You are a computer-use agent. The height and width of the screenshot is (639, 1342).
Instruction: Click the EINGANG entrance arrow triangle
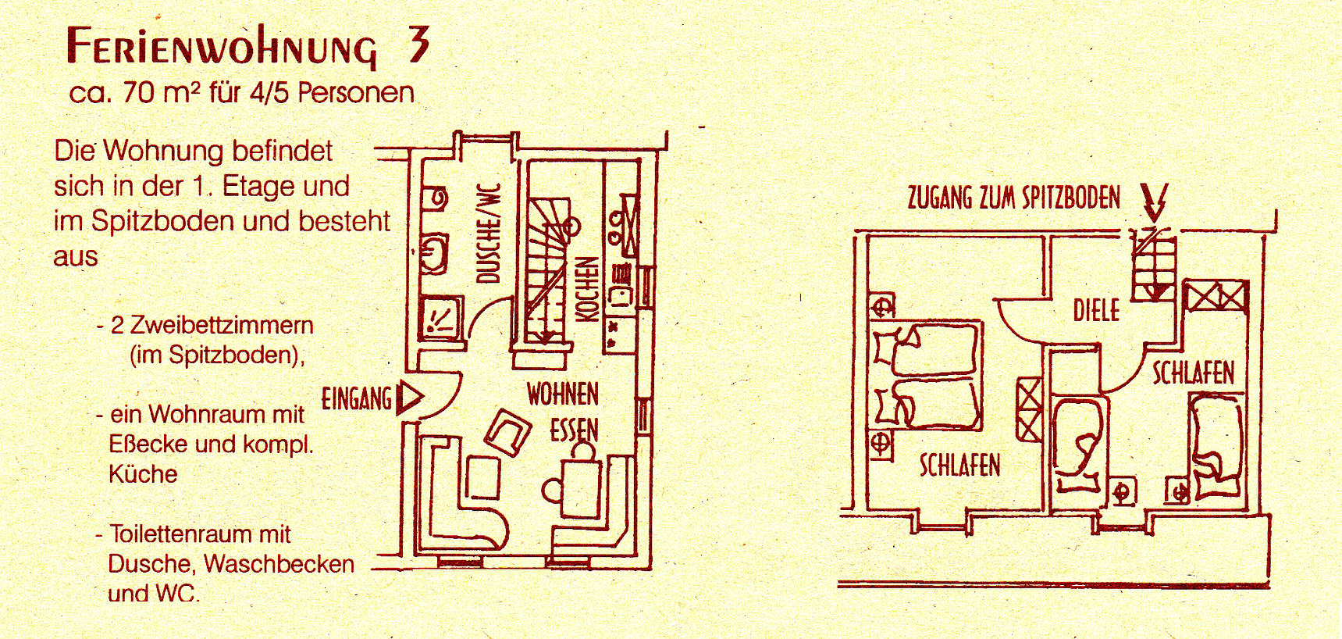[408, 398]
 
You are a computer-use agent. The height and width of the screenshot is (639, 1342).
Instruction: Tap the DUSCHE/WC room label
[488, 233]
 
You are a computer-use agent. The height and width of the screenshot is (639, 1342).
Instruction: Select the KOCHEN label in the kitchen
[587, 288]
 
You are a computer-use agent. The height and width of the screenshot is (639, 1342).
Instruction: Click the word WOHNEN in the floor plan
[562, 394]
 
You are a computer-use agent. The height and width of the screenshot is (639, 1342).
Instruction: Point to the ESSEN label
[574, 430]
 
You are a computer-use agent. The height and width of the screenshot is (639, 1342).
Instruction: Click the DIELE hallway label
[1096, 311]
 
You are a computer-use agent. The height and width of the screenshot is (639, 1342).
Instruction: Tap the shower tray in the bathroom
[440, 318]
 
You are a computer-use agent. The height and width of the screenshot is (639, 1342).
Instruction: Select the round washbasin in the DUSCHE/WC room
[433, 252]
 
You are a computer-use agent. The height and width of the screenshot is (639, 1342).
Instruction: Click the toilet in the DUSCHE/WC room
[435, 198]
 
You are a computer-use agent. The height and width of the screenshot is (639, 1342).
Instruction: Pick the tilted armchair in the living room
[508, 432]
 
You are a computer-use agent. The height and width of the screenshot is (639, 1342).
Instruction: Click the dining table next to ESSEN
[581, 488]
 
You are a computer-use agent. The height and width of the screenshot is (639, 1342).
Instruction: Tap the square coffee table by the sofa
[483, 478]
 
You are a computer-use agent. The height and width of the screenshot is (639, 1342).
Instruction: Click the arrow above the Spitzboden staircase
[1153, 202]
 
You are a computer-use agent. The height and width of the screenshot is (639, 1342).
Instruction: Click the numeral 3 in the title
[418, 45]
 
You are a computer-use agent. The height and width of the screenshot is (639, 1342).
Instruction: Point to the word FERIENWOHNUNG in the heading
[222, 47]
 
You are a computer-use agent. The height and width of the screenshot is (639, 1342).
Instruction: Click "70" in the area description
[139, 93]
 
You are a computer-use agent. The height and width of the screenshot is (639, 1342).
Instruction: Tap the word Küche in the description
[143, 474]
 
